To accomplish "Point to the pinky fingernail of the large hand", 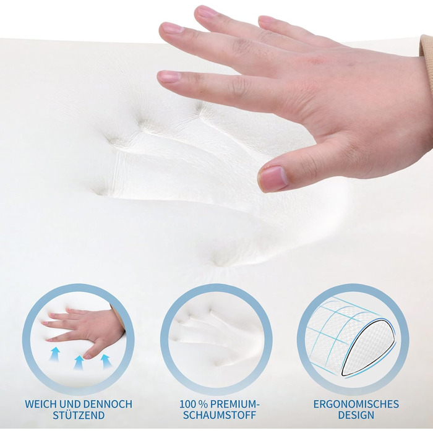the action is (268, 20).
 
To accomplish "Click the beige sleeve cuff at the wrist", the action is (427, 47).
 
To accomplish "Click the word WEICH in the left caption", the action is (40, 404).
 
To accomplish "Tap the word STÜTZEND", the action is (79, 415).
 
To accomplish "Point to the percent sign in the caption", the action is (204, 404).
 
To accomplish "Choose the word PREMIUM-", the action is (235, 404).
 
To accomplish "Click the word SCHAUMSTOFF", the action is (220, 415).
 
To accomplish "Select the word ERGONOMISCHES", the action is (356, 404).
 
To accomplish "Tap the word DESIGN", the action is (356, 415).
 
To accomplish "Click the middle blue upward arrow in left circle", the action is (79, 362).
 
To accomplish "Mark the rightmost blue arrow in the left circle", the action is (105, 362).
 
